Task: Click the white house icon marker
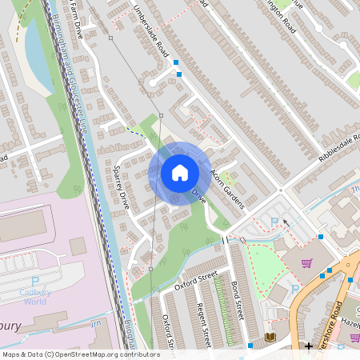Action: pyautogui.click(x=179, y=173)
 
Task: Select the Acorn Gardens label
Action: pyautogui.click(x=226, y=189)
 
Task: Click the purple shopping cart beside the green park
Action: pyautogui.click(x=306, y=262)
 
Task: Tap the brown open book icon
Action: pyautogui.click(x=270, y=337)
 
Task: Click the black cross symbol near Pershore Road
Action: pyautogui.click(x=309, y=346)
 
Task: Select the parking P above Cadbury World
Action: pyautogui.click(x=34, y=282)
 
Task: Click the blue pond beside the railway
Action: pyautogui.click(x=36, y=52)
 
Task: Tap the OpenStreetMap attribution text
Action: pyautogui.click(x=80, y=354)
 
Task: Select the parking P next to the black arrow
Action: pyautogui.click(x=274, y=222)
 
